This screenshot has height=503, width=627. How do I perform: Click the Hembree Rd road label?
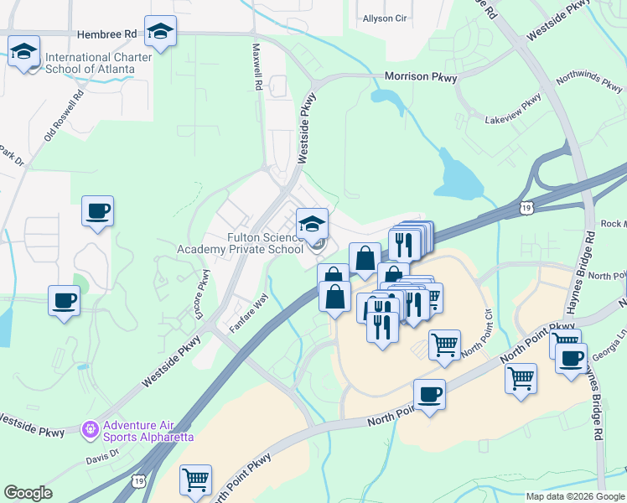pyautogui.click(x=106, y=34)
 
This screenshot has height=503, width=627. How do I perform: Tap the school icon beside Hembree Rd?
pyautogui.click(x=160, y=33)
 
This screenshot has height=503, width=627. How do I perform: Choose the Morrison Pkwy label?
pyautogui.click(x=421, y=77)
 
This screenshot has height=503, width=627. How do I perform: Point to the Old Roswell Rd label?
pyautogui.click(x=65, y=116)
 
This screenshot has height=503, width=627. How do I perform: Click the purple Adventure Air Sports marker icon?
pyautogui.click(x=90, y=430)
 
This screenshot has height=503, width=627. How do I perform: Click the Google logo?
pyautogui.click(x=28, y=493)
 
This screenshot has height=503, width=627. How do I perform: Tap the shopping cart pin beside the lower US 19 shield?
pyautogui.click(x=195, y=480)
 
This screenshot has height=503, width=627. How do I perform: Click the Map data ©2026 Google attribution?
pyautogui.click(x=573, y=496)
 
